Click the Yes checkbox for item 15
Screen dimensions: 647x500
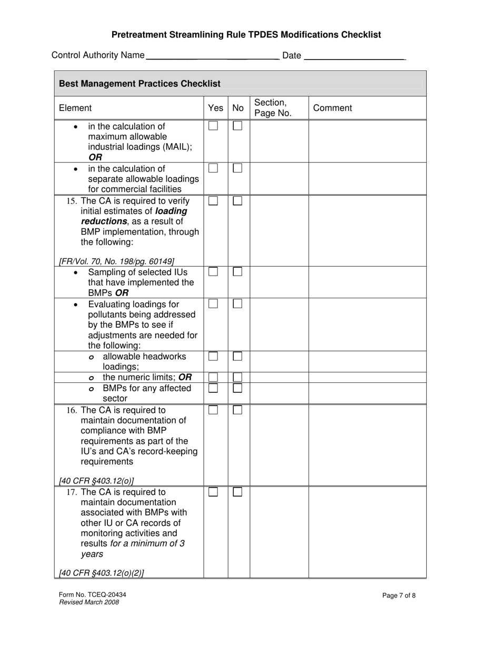(x=213, y=201)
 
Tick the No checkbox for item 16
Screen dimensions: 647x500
(x=237, y=410)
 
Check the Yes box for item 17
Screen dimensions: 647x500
(x=213, y=492)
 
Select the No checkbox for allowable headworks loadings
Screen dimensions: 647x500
(x=237, y=356)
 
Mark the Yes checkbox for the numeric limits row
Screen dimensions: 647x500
(x=213, y=377)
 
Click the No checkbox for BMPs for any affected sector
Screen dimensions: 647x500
(x=237, y=388)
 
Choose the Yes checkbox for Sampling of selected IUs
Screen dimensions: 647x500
(x=213, y=272)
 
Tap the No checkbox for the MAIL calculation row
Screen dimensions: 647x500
(x=237, y=126)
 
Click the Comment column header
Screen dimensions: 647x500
(x=332, y=108)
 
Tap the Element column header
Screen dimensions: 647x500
(x=75, y=108)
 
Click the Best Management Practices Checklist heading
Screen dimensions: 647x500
(x=139, y=84)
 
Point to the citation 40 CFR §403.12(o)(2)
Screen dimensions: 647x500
(x=102, y=573)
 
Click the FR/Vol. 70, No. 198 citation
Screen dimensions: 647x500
(x=116, y=261)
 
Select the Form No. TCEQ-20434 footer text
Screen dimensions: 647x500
(x=93, y=595)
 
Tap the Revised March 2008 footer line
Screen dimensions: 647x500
(x=89, y=602)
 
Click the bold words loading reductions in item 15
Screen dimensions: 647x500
(x=134, y=216)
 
